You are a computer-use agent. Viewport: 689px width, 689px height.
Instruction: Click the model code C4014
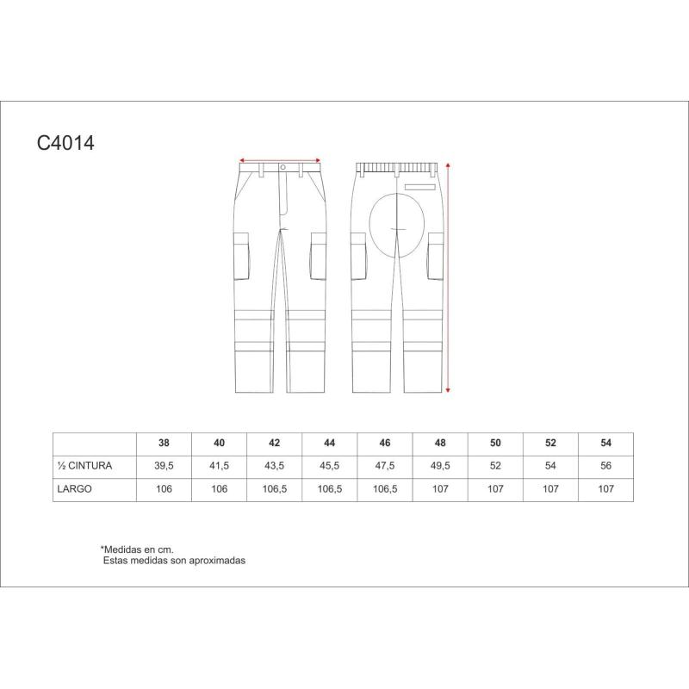coord(65,143)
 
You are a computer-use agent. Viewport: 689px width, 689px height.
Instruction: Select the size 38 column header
coord(164,443)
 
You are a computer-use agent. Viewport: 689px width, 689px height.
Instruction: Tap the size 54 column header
coord(606,443)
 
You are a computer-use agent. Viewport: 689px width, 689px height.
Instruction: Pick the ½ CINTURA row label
coord(84,466)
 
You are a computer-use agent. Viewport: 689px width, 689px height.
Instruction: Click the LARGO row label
coord(75,488)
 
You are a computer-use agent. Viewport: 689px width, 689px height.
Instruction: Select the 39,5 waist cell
coord(164,466)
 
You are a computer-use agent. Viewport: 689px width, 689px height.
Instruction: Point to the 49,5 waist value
coord(440,466)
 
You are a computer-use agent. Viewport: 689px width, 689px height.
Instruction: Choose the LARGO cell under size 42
coord(275,488)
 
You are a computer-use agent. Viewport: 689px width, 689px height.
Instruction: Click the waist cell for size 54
coord(606,466)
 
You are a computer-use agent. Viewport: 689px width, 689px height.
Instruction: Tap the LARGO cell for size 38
coord(164,488)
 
